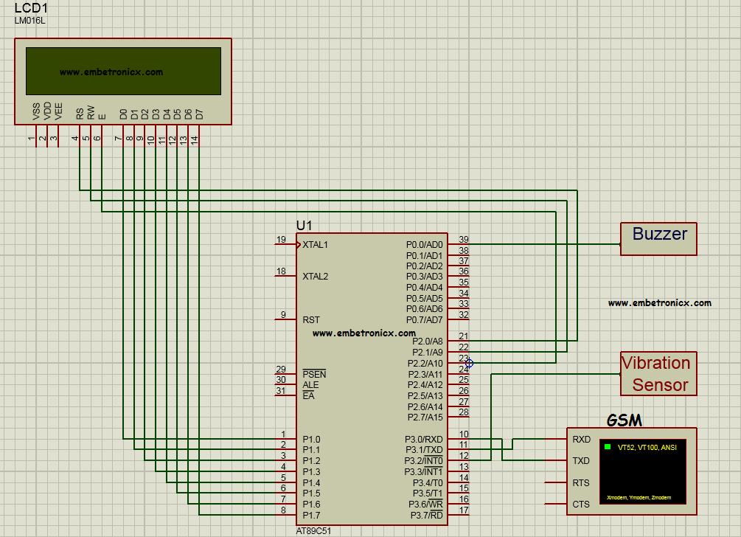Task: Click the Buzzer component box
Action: [658, 238]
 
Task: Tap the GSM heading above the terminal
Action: [624, 420]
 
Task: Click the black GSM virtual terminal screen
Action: [644, 472]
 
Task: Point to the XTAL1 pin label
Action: [315, 244]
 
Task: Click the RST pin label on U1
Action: [311, 320]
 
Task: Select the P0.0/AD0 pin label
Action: [424, 244]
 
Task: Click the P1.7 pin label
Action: [311, 515]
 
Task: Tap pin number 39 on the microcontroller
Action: [463, 240]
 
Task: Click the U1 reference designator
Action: [304, 225]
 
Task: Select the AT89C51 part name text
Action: [319, 531]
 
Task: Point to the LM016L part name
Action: [29, 20]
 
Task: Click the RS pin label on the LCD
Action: [80, 114]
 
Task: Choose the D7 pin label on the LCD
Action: [198, 114]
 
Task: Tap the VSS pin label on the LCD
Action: [36, 111]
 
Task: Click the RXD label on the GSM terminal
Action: [581, 439]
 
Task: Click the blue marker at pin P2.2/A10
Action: [469, 363]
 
